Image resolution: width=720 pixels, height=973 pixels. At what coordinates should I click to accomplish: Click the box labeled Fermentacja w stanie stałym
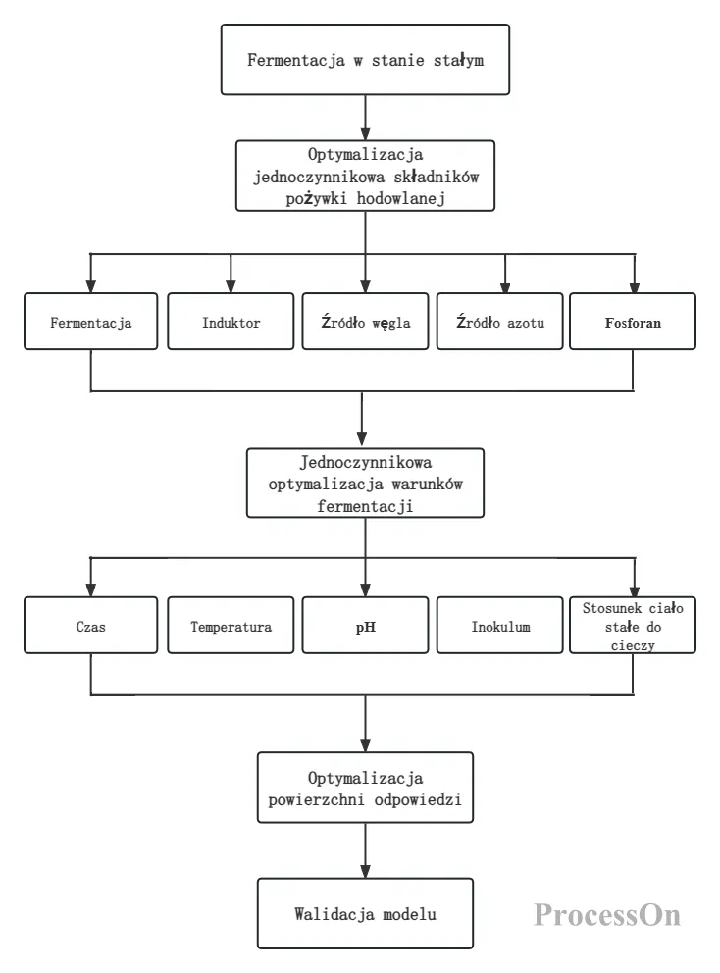click(365, 60)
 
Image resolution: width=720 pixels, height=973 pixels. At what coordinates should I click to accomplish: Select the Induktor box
click(231, 322)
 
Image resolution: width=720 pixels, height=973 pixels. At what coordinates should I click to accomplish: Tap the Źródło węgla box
click(366, 322)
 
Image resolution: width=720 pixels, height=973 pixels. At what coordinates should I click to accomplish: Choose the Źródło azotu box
click(500, 322)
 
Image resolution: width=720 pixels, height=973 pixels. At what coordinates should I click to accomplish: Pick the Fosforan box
click(633, 322)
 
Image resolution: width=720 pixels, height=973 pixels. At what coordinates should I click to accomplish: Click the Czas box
click(90, 626)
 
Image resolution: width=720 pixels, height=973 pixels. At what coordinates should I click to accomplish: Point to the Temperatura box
click(231, 626)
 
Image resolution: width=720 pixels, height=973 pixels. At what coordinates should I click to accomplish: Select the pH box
click(366, 626)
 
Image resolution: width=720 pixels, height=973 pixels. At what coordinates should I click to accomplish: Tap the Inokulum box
click(500, 626)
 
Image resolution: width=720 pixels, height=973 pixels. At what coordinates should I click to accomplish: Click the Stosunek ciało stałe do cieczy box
click(633, 626)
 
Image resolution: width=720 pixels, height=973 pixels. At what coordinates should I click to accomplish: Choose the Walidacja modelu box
click(366, 913)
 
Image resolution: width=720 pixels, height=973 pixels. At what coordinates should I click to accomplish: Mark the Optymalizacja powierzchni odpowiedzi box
click(366, 788)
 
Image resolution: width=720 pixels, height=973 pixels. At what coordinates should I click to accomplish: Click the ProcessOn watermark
click(607, 915)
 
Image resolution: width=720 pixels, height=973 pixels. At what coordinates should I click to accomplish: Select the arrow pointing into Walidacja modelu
click(366, 850)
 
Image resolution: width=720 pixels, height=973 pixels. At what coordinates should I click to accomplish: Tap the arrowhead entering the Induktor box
click(231, 286)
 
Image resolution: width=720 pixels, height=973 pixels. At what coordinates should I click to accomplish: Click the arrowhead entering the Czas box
click(90, 590)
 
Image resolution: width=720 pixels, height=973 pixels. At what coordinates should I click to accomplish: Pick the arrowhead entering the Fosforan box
click(635, 286)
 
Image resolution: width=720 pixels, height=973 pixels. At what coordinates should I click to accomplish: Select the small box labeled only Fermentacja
click(90, 322)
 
